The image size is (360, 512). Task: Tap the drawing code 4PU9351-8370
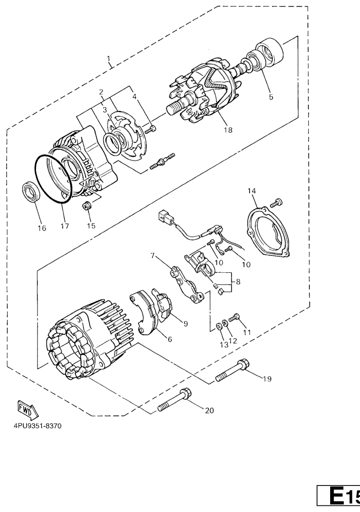tap(37, 426)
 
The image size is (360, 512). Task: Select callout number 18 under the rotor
tap(228, 130)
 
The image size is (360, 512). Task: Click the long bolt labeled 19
tap(232, 371)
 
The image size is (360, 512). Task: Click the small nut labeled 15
tap(87, 206)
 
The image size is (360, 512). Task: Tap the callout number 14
tap(252, 191)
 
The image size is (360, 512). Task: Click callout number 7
tap(153, 255)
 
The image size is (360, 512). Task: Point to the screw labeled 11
tap(234, 317)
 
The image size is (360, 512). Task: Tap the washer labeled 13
tap(219, 326)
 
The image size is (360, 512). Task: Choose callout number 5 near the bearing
tap(271, 97)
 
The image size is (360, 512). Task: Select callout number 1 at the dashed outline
tap(109, 59)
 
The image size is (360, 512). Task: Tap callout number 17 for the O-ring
tap(65, 225)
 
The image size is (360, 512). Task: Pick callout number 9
tap(186, 323)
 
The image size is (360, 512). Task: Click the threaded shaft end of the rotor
tap(176, 107)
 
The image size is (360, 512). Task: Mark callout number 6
tap(170, 339)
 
